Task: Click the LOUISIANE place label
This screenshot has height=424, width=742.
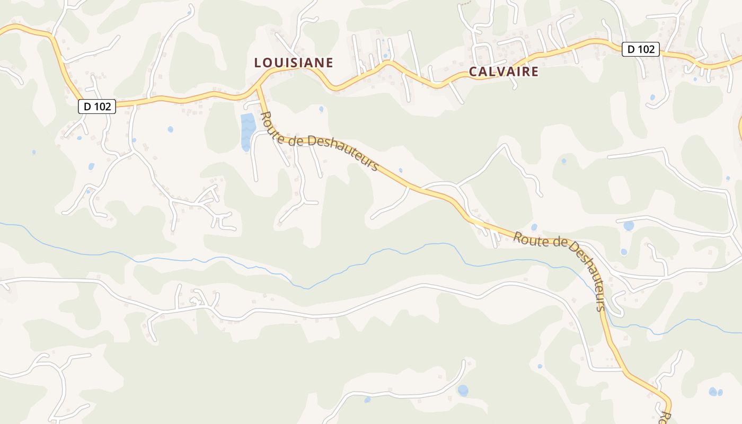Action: pyautogui.click(x=294, y=63)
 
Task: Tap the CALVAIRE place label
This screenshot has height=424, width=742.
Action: pyautogui.click(x=503, y=72)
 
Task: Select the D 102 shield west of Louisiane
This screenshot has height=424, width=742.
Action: pyautogui.click(x=97, y=107)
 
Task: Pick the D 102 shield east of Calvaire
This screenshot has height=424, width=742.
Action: pyautogui.click(x=640, y=49)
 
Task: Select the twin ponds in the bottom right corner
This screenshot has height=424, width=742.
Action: pyautogui.click(x=715, y=392)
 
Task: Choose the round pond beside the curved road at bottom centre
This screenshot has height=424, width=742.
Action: pyautogui.click(x=463, y=391)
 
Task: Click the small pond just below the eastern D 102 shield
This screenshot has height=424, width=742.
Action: pyautogui.click(x=652, y=98)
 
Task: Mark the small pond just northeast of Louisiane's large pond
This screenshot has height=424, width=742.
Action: pyautogui.click(x=321, y=109)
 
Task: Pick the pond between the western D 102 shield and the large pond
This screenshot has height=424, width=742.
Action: pyautogui.click(x=170, y=129)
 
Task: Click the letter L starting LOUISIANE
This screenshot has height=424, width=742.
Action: pyautogui.click(x=258, y=63)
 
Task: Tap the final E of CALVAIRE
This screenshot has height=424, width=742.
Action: pyautogui.click(x=534, y=72)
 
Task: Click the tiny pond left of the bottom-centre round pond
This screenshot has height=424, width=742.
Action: pyautogui.click(x=367, y=400)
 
